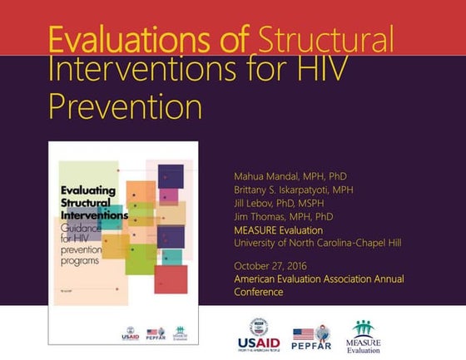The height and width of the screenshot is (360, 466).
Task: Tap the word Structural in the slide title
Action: pyautogui.click(x=326, y=40)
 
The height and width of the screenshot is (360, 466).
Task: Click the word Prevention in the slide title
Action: pyautogui.click(x=125, y=106)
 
